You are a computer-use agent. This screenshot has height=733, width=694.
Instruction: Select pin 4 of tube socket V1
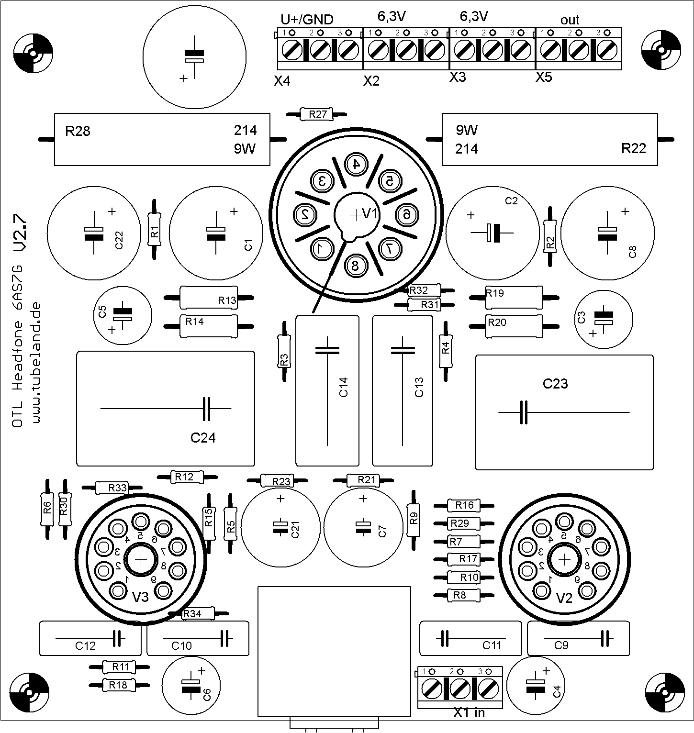tap(356, 164)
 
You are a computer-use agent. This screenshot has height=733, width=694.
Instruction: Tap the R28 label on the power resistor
tap(78, 131)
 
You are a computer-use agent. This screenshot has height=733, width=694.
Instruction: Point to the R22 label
tap(633, 149)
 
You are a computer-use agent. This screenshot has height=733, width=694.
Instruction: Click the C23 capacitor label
tap(555, 383)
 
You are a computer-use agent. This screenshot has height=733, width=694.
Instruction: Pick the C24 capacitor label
tap(203, 437)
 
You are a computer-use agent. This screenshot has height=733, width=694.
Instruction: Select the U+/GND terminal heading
tap(306, 19)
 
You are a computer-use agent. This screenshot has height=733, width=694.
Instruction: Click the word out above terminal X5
tap(570, 20)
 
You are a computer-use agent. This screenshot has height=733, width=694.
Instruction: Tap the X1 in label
tap(469, 713)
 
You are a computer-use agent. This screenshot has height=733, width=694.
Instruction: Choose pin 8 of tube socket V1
tap(355, 266)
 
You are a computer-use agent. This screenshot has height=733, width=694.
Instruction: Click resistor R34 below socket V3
tap(198, 614)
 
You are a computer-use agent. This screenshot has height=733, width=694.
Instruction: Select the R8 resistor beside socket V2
tap(463, 595)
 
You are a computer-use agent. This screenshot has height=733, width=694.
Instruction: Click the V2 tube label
tap(565, 598)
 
